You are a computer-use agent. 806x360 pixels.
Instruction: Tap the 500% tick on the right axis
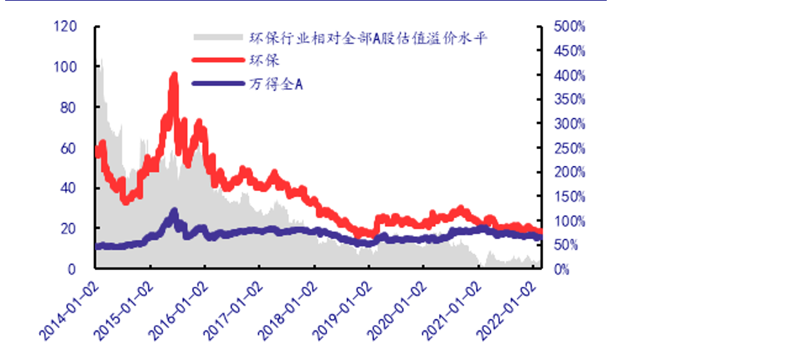click(x=569, y=27)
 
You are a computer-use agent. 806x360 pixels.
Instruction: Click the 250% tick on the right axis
click(x=569, y=148)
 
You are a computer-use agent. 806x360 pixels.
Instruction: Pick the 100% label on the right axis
click(x=569, y=221)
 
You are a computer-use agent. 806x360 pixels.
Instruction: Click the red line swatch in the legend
click(x=218, y=60)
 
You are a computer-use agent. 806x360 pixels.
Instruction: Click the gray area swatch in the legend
click(x=218, y=38)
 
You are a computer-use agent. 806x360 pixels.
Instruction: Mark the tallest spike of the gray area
click(x=101, y=59)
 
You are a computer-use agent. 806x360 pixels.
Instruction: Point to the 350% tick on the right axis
click(x=569, y=100)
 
